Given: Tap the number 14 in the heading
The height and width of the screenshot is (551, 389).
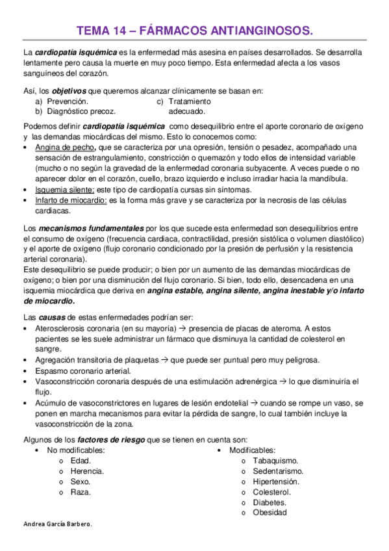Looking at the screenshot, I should pos(118,30).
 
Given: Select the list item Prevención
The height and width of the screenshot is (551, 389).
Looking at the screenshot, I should pos(68,102).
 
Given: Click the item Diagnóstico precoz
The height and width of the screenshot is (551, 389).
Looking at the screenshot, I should pos(81,111).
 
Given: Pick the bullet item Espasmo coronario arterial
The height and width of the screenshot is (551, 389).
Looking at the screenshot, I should pos(83,370).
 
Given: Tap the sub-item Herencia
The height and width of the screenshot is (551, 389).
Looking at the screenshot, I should pos(87,470).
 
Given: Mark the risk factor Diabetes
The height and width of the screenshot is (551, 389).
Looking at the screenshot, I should pos(270,502).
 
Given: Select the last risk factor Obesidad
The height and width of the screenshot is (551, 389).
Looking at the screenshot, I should pos(270,513).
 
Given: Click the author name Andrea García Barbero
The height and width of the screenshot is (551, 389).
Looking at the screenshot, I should pos(57,525).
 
